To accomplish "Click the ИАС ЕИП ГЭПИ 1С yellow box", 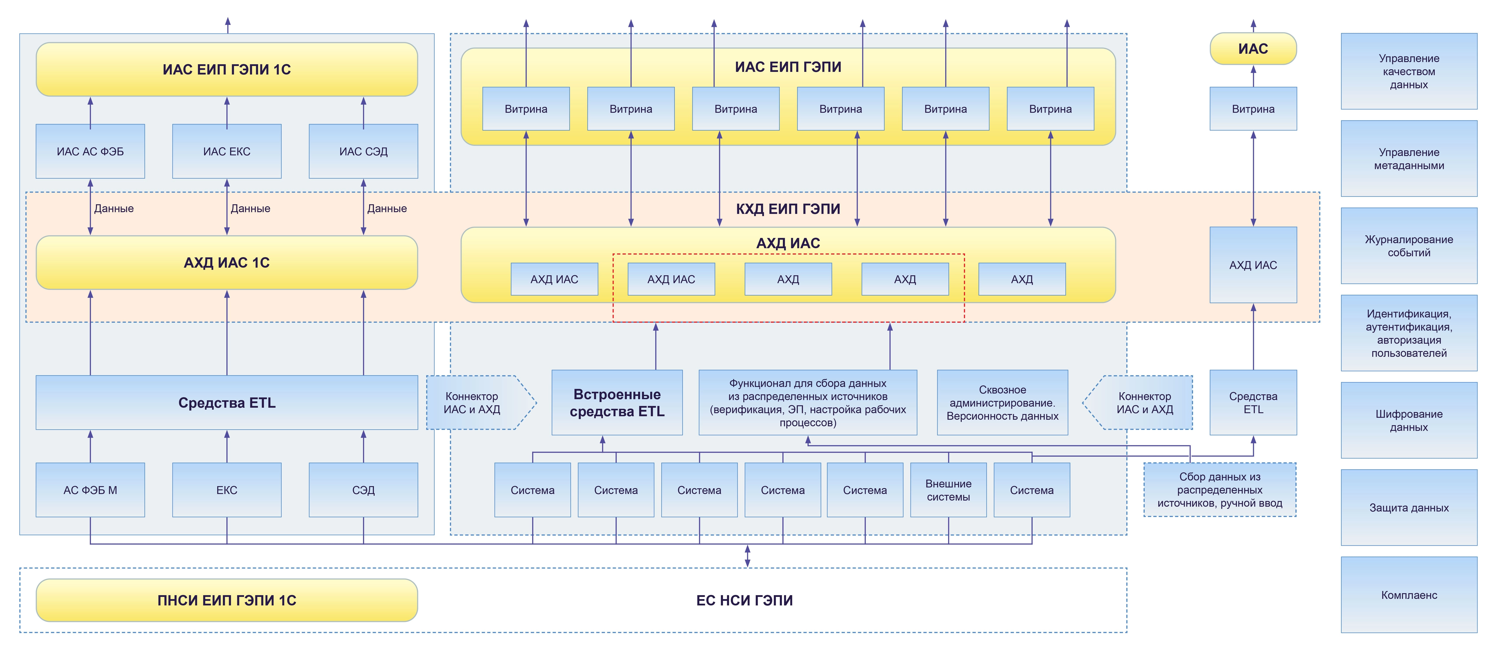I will point(227,69).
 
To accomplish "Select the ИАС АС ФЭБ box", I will point(90,151).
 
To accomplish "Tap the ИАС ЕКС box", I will point(227,151).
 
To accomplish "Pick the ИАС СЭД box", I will point(363,151).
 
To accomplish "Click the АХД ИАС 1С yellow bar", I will point(227,263).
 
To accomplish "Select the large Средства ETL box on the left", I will point(227,402).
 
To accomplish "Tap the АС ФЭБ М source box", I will point(90,490).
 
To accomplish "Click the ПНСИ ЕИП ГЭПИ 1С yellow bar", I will point(227,600).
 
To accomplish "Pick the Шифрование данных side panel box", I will point(1409,420).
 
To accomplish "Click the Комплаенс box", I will point(1409,595).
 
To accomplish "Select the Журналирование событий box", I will point(1409,246).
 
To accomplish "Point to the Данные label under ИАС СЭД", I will point(387,208).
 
